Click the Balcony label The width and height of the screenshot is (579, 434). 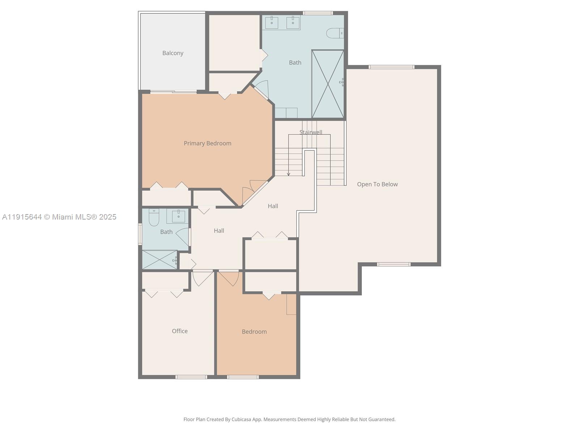click(173, 53)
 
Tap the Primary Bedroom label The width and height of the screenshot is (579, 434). click(207, 143)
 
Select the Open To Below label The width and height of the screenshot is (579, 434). click(377, 184)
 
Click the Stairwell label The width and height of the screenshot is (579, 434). click(310, 132)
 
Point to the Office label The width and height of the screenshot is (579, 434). click(179, 331)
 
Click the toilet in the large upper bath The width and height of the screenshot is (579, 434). click(335, 33)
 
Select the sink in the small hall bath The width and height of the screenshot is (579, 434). click(178, 216)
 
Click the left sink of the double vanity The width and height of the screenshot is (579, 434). click(272, 22)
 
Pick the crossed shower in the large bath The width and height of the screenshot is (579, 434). click(327, 84)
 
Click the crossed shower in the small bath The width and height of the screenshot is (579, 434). click(159, 260)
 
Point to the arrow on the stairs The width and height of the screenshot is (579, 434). click(288, 174)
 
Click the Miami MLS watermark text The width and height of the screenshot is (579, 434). click(59, 217)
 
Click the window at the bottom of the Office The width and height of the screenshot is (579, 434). click(191, 377)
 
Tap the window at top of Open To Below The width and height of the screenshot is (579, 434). click(391, 67)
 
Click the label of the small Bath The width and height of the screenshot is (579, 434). click(166, 232)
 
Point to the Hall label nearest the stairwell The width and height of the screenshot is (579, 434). click(273, 206)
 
